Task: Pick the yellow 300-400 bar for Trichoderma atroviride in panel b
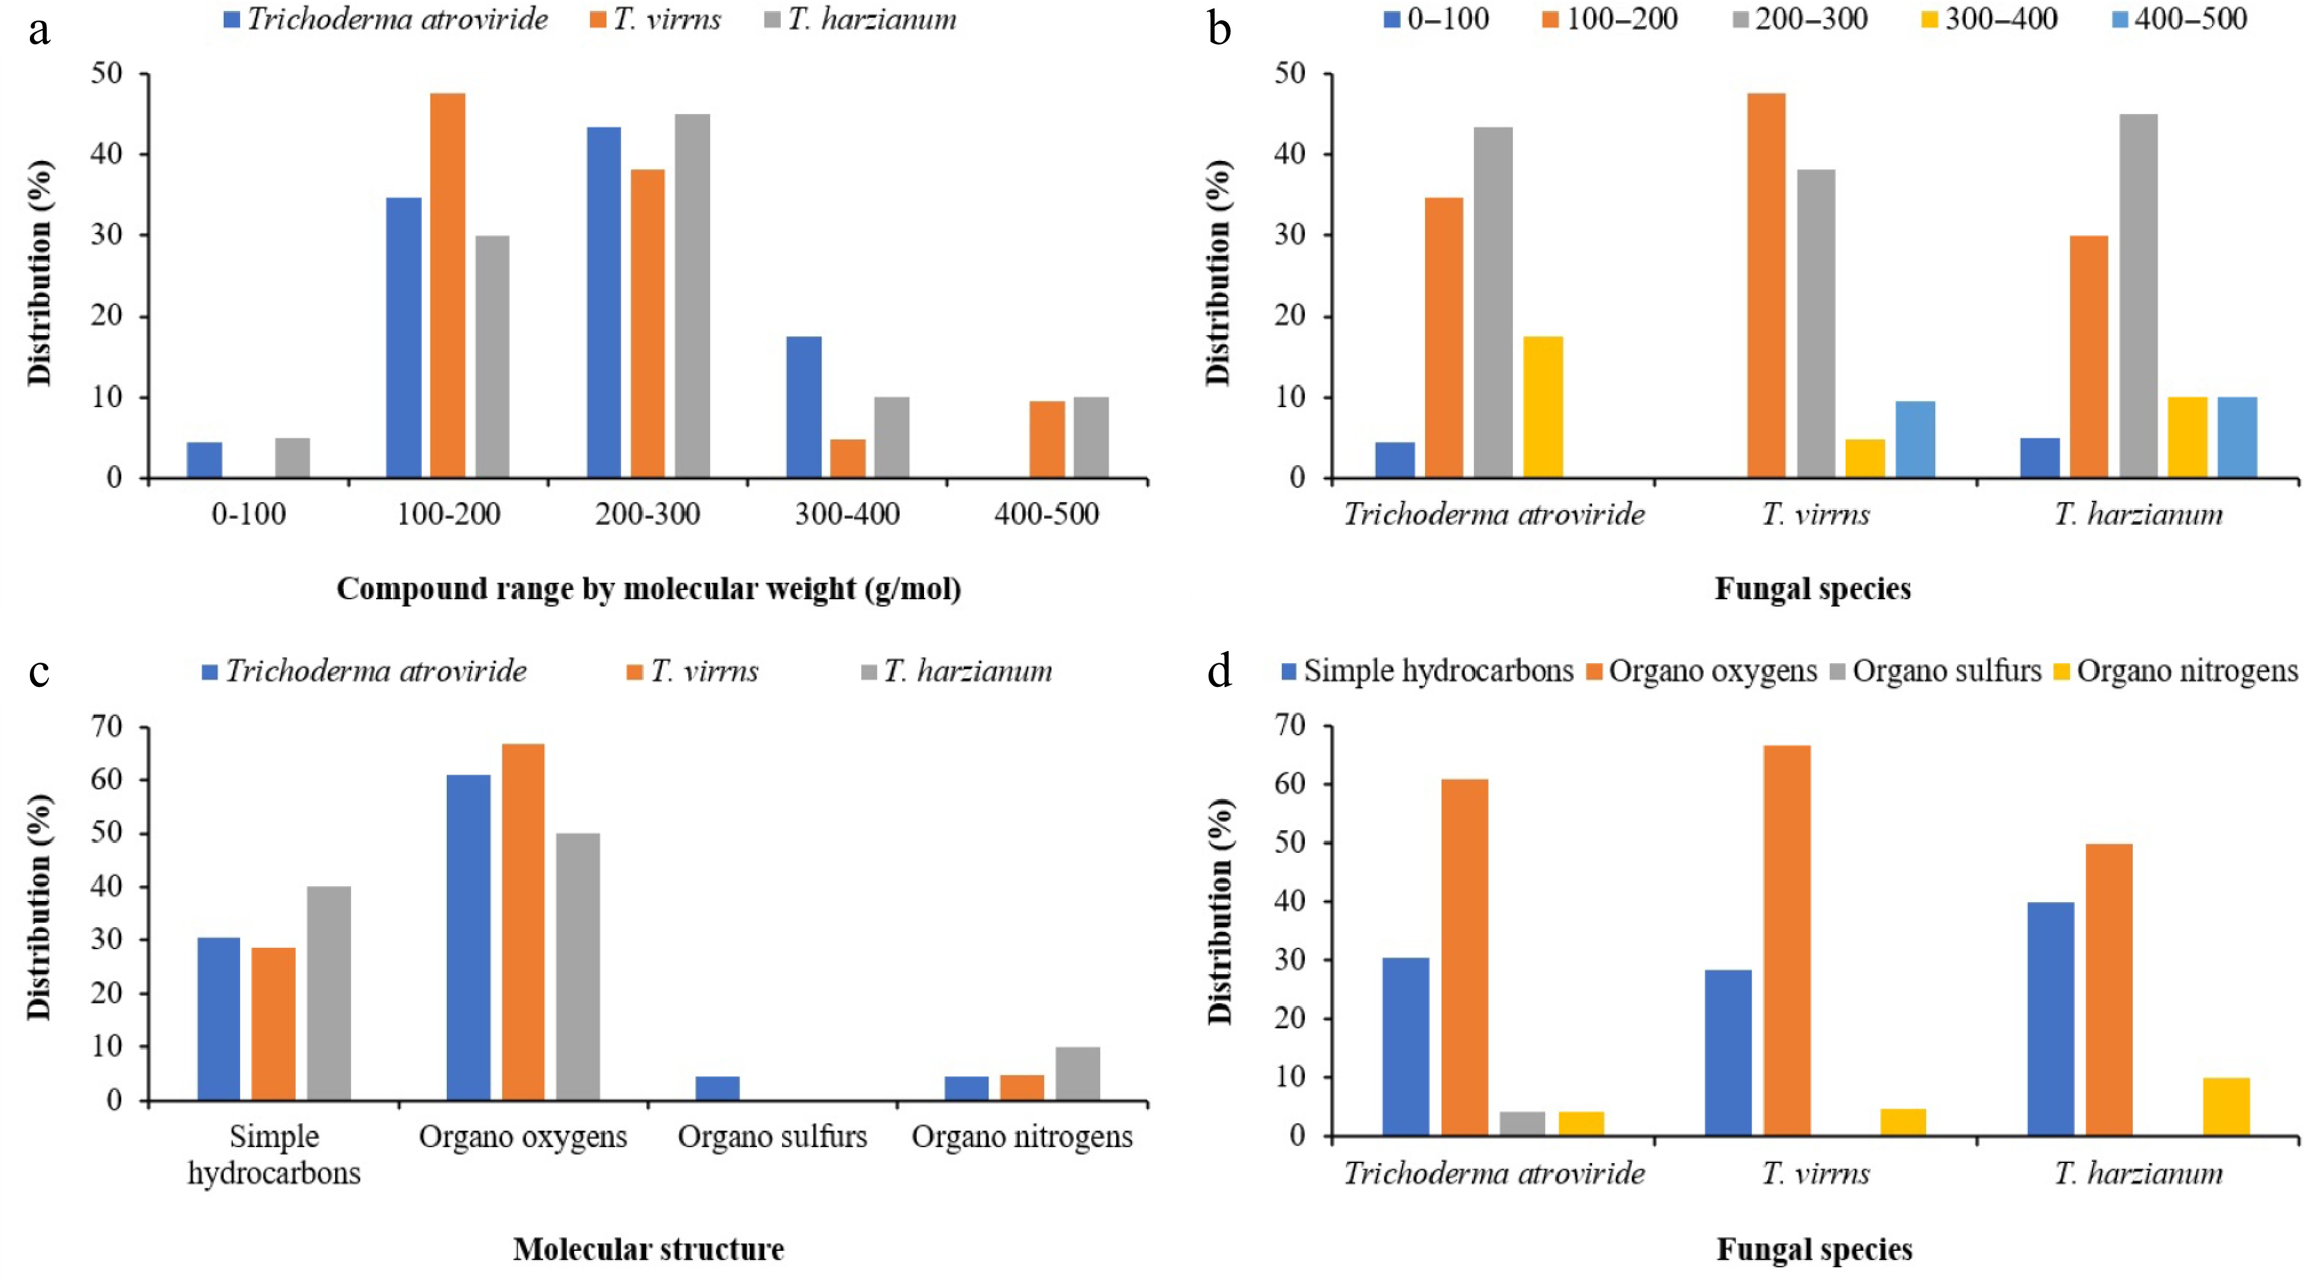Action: point(1543,407)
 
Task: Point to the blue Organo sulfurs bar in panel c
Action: point(717,1088)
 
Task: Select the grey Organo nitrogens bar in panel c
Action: point(1078,1073)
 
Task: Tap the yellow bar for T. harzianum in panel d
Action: point(2226,1106)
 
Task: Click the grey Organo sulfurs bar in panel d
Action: point(1523,1123)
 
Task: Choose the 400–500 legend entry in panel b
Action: point(2180,20)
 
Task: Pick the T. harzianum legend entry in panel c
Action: point(957,671)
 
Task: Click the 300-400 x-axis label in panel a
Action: point(847,514)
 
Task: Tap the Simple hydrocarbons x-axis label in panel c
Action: point(274,1154)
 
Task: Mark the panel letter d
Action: point(1219,670)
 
